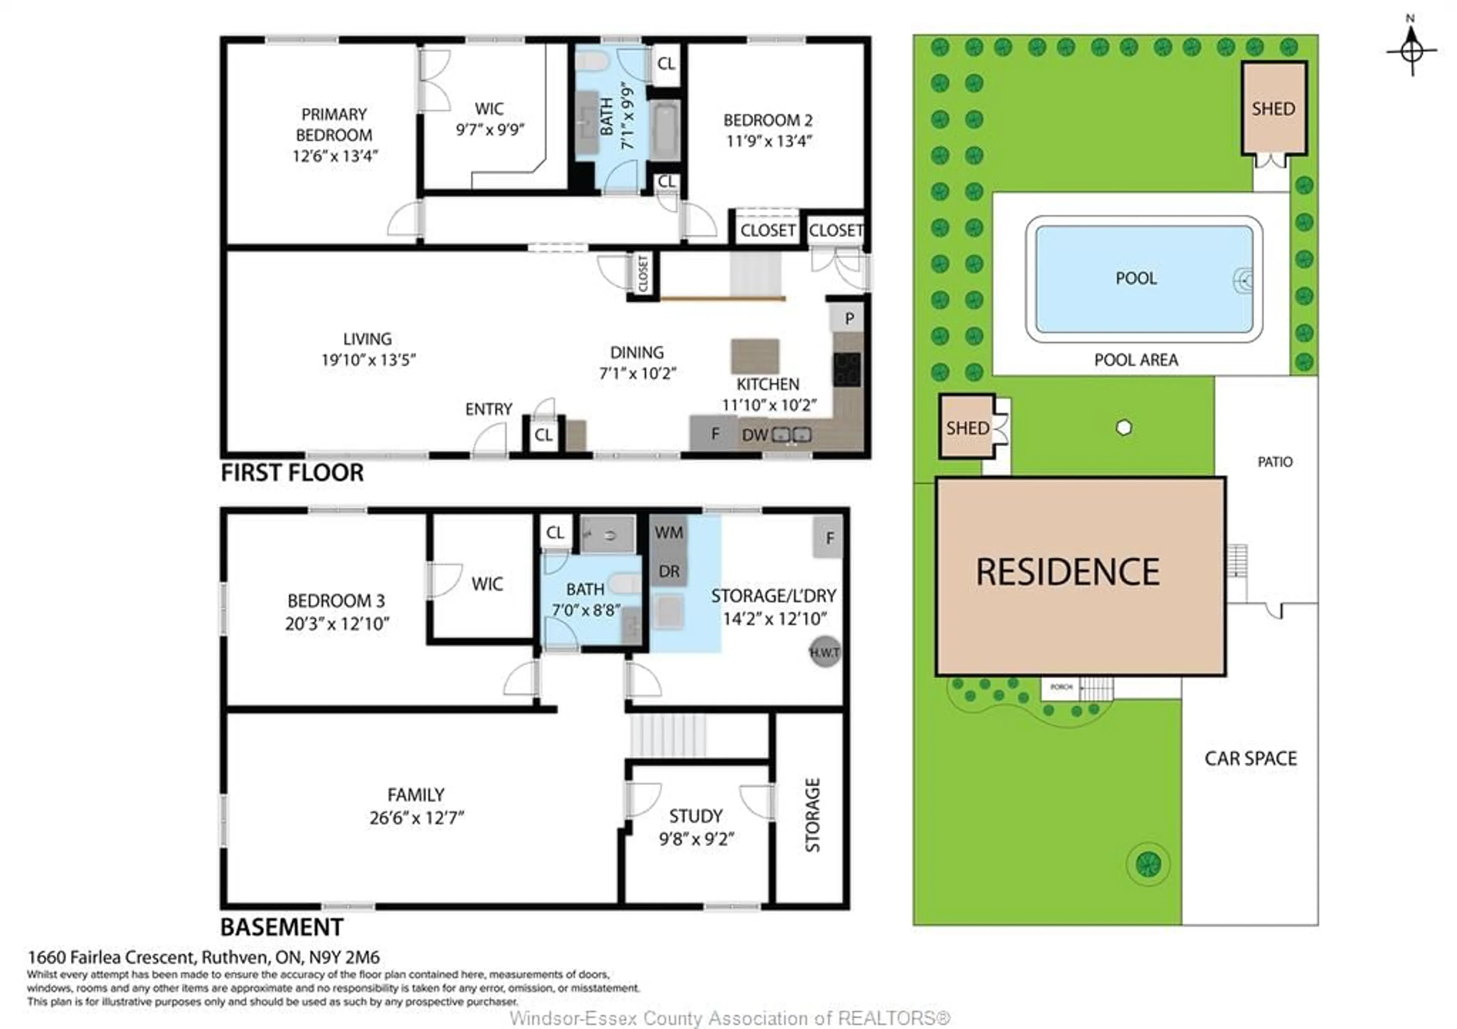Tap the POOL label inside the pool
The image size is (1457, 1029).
point(1136,278)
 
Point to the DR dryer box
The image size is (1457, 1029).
point(669,571)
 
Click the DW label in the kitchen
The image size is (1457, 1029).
point(755,435)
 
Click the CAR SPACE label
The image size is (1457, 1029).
point(1250,759)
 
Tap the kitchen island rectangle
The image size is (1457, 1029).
point(755,356)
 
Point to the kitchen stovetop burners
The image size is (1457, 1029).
point(847,369)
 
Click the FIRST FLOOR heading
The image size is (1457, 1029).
point(292,473)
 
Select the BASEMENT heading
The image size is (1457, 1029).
point(282,927)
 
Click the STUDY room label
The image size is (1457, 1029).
point(695,816)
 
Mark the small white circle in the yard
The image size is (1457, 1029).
point(1123,428)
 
